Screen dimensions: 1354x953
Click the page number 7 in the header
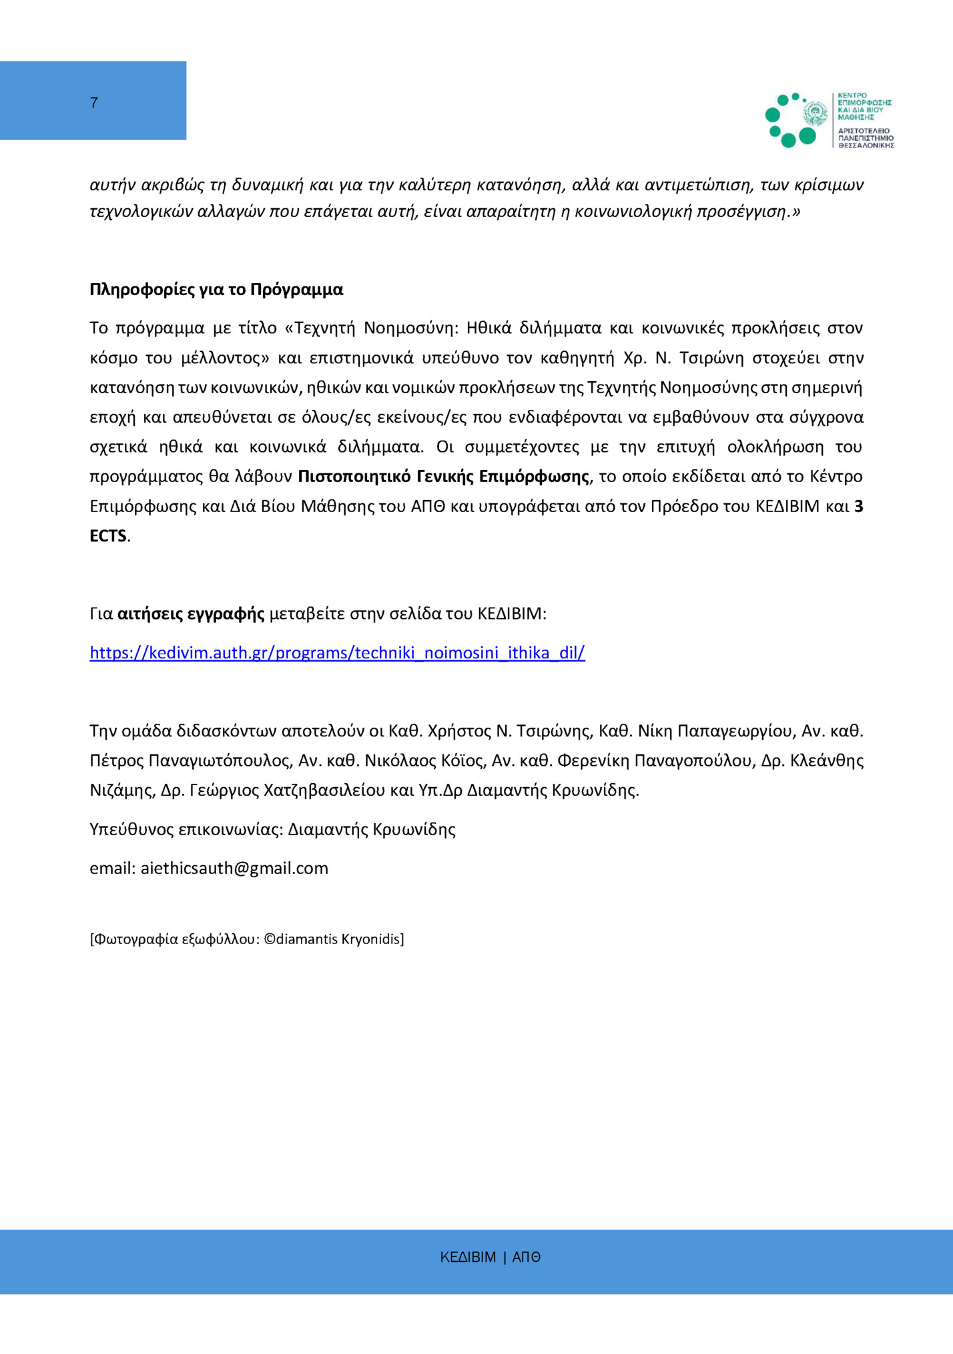pos(94,103)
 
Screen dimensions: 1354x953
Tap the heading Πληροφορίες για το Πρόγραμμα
pos(216,290)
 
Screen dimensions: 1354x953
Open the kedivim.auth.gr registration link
pos(337,652)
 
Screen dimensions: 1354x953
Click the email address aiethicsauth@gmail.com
pos(234,868)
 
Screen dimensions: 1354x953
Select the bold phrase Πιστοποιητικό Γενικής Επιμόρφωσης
pos(443,477)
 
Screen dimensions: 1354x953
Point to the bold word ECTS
pos(108,536)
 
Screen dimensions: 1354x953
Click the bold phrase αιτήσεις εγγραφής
pos(191,614)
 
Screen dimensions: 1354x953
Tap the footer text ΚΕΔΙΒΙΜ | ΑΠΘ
pos(490,1257)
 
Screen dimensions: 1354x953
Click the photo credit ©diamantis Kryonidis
pos(334,939)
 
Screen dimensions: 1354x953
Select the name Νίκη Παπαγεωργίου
pos(715,731)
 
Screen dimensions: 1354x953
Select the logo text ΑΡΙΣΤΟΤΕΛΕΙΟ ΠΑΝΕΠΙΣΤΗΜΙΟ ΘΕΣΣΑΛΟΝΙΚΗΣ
pos(866,138)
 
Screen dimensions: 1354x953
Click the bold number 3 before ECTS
pos(859,506)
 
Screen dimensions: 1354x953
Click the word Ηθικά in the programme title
pos(489,328)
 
